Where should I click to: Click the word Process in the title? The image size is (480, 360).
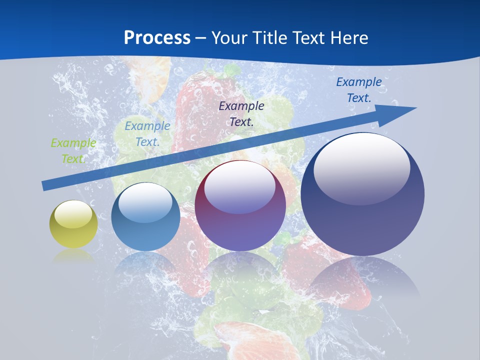click(x=157, y=38)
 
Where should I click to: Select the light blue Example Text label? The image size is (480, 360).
click(x=147, y=134)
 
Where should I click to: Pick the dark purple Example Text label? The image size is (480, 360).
click(x=241, y=113)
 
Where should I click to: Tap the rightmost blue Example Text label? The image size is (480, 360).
click(x=358, y=90)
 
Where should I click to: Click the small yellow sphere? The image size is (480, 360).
click(x=73, y=230)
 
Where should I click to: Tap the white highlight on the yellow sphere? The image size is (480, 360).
click(x=73, y=214)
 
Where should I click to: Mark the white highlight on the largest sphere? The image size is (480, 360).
click(x=361, y=167)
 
